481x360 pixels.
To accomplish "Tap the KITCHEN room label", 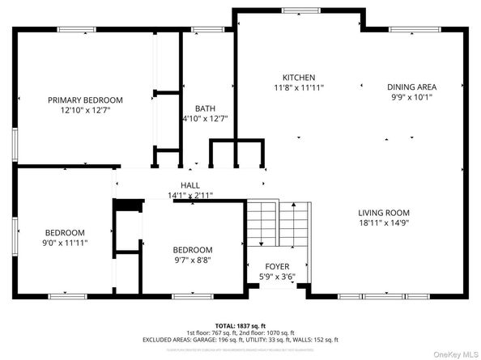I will (292, 77).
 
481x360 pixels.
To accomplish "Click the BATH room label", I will (204, 108).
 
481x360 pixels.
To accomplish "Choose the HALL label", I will (189, 185).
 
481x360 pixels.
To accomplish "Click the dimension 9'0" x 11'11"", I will (65, 242).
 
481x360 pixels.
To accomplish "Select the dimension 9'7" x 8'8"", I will (192, 260).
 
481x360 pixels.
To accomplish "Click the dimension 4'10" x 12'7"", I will (204, 118).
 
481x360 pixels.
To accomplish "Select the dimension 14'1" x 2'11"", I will (189, 195).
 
